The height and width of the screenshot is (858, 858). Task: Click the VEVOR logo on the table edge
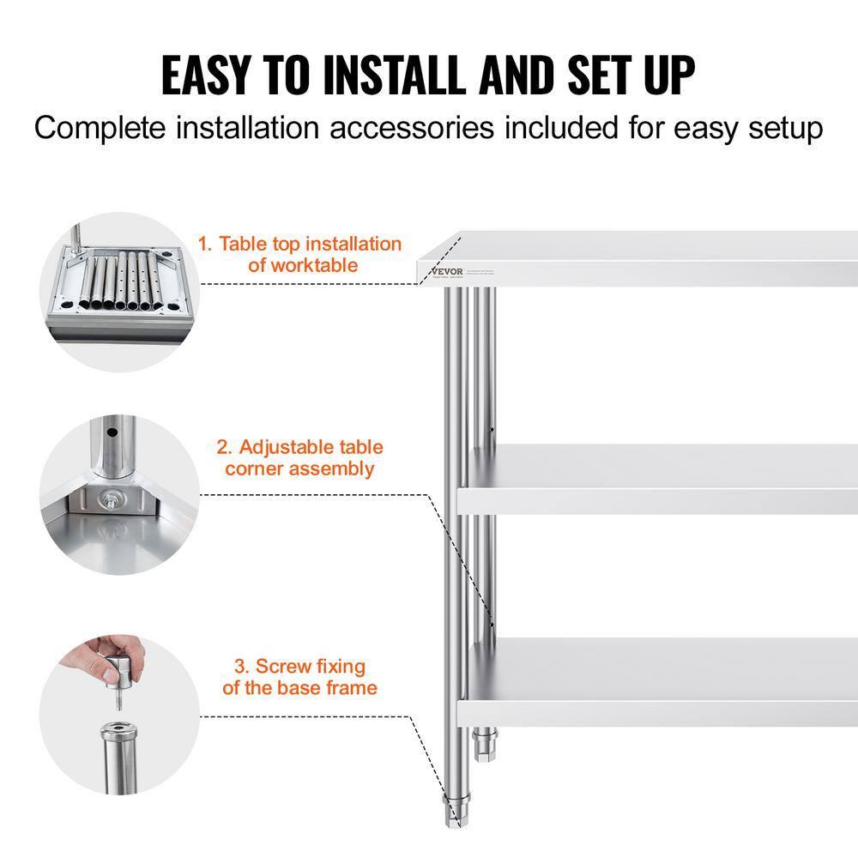pyautogui.click(x=447, y=272)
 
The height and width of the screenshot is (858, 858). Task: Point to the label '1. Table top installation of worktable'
pyautogui.click(x=301, y=255)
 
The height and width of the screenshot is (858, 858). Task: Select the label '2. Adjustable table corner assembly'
pyautogui.click(x=299, y=457)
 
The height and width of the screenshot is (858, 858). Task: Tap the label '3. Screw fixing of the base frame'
pyautogui.click(x=299, y=677)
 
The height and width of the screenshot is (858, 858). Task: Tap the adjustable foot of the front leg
pyautogui.click(x=453, y=811)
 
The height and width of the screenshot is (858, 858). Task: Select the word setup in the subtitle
pyautogui.click(x=776, y=128)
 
